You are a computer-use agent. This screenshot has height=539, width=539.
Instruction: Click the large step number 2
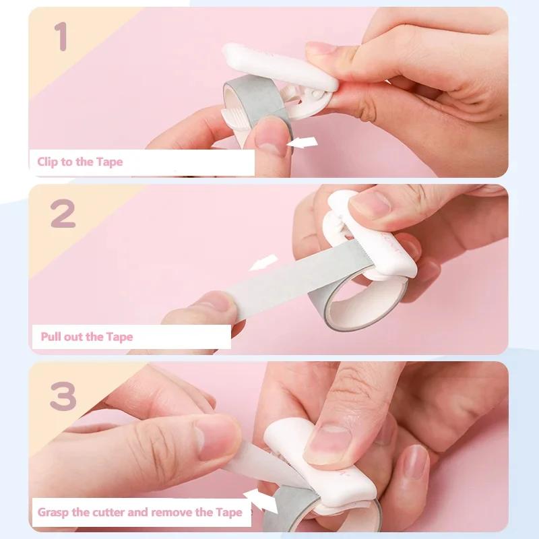tap(63, 214)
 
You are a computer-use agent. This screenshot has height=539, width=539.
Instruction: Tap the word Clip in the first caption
tap(48, 162)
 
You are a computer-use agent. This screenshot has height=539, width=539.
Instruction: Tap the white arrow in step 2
tap(263, 263)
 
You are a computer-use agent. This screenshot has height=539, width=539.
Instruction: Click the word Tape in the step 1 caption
tap(108, 162)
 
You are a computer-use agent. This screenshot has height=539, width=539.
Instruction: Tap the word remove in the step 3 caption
tap(174, 512)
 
